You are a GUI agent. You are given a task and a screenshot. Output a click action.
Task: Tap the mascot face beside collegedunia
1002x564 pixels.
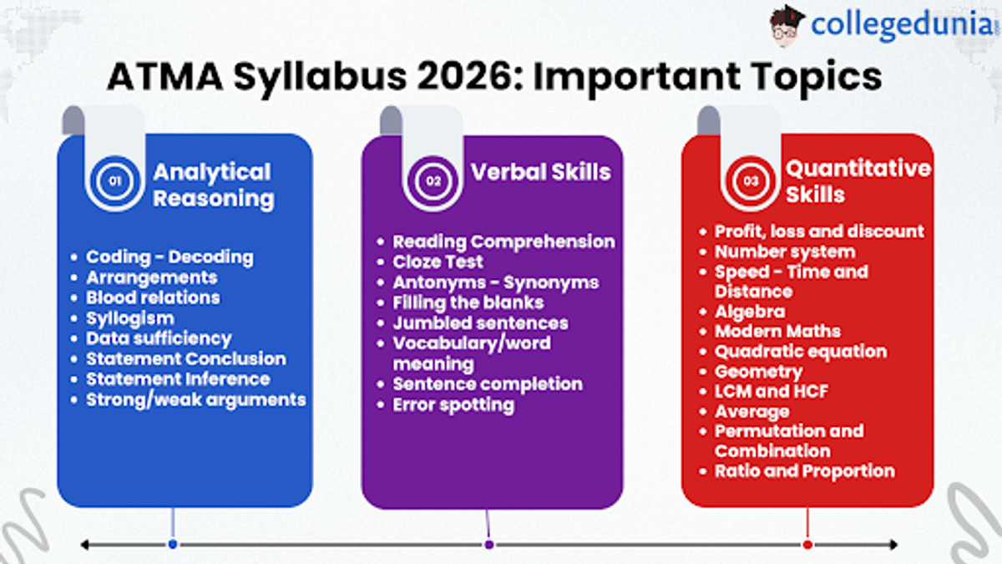pos(786,27)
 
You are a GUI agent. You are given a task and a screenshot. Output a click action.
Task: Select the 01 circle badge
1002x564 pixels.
pos(115,181)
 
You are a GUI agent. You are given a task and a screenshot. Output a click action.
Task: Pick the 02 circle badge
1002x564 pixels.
pos(433,181)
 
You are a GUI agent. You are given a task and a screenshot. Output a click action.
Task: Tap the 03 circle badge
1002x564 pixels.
pos(751,181)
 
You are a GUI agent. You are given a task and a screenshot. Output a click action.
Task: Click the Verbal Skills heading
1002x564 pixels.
pos(541,172)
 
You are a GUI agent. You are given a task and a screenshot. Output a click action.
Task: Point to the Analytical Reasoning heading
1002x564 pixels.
pos(214,185)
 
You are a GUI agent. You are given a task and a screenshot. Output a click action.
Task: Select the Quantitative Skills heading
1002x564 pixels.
pos(858,181)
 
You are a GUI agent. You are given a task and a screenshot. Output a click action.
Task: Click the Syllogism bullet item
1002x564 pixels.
pos(129,318)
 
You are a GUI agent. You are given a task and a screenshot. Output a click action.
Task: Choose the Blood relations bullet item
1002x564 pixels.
pos(153,297)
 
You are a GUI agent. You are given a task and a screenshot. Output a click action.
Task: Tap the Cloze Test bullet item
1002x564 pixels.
pos(438,262)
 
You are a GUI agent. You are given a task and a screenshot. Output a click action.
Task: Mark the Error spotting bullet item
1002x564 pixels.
pos(453,405)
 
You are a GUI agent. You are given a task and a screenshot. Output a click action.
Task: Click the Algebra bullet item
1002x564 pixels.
pos(750,312)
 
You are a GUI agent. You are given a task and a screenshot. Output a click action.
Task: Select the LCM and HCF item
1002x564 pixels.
pos(772,391)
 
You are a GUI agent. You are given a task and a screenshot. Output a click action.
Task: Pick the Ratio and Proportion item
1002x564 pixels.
pos(805,471)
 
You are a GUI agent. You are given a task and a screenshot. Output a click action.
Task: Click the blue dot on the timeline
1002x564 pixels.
pos(173,544)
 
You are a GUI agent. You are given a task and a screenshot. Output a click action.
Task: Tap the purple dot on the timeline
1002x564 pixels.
pos(489,545)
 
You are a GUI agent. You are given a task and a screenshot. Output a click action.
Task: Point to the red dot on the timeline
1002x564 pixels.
pos(807,545)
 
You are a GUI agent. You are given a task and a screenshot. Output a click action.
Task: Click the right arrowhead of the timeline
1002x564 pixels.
pos(893,545)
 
